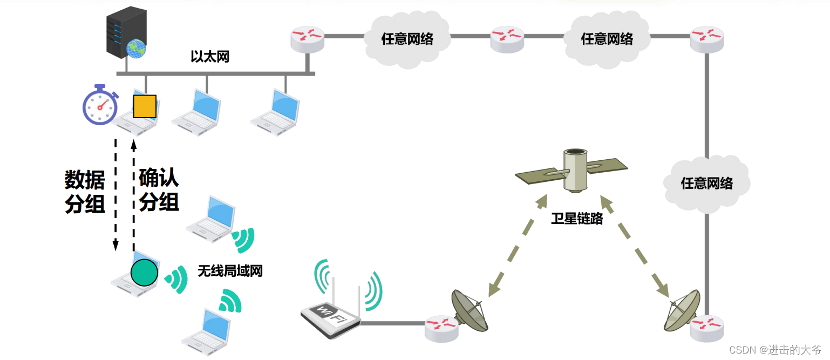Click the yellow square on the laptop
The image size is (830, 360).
point(145,106)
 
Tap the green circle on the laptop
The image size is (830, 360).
point(144,272)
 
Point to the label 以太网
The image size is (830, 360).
point(210,57)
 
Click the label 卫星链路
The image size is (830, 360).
point(577,219)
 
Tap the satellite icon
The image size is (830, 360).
point(573,170)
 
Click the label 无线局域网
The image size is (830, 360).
point(230,271)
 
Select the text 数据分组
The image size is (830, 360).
point(85,192)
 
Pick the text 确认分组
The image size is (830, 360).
point(159,189)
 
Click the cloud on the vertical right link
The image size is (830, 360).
point(706,183)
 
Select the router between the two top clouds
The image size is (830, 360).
point(507,39)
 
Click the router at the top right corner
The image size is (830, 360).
point(706,39)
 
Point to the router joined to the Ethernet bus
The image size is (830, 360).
point(307,39)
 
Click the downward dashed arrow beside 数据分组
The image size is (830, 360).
point(115,194)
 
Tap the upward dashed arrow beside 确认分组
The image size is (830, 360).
point(134,194)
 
